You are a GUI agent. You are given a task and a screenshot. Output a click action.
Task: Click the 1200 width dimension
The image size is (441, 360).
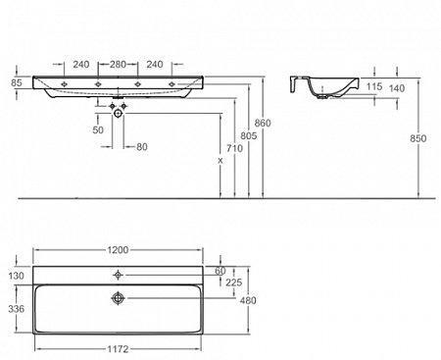118,250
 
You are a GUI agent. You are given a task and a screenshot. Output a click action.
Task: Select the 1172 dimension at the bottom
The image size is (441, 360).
118,349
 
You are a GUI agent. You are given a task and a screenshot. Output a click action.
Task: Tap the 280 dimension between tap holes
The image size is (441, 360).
118,65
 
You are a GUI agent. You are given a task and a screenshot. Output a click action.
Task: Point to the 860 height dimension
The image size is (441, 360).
263,123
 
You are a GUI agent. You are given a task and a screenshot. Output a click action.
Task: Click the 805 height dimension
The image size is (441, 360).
249,135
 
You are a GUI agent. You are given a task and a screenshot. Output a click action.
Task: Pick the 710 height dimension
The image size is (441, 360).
235,148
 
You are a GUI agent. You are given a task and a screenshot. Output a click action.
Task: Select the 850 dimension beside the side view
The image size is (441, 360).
418,138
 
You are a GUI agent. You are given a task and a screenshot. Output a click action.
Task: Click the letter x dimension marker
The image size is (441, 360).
220,161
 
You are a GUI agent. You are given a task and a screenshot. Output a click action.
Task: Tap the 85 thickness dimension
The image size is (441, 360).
17,82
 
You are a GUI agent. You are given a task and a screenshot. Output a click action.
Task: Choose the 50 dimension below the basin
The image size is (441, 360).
98,129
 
